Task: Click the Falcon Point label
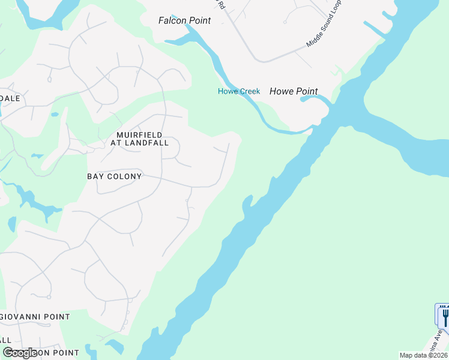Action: [x=184, y=20]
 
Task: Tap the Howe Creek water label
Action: [x=238, y=91]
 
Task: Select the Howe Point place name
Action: [x=294, y=91]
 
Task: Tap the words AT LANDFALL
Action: [x=139, y=143]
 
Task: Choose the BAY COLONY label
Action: [x=114, y=176]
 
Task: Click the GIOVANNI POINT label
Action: [x=35, y=316]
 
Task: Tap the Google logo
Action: [x=20, y=353]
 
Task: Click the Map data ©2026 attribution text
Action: [x=423, y=355]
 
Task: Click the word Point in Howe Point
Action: [x=306, y=91]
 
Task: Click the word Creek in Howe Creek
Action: [x=249, y=91]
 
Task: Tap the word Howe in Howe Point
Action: [x=280, y=91]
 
